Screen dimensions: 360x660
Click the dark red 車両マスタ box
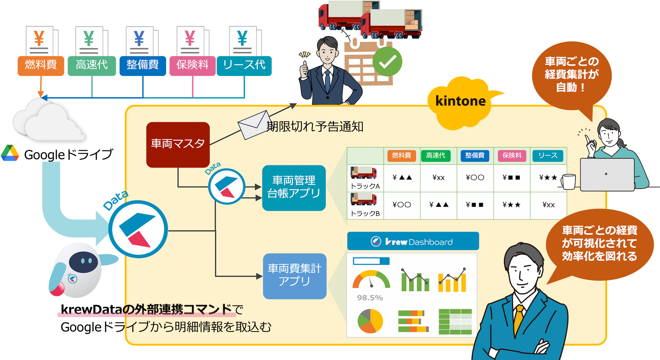pyautogui.click(x=178, y=144)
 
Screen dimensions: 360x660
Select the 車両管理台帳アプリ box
pyautogui.click(x=294, y=188)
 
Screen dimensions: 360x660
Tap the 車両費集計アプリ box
pyautogui.click(x=295, y=276)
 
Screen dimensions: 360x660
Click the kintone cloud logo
pyautogui.click(x=460, y=102)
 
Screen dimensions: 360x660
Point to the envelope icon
pyautogui.click(x=254, y=125)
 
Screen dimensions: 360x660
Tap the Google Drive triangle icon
pyautogui.click(x=10, y=153)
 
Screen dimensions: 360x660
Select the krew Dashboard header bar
pyautogui.click(x=413, y=241)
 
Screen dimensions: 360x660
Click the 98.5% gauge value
pyautogui.click(x=370, y=298)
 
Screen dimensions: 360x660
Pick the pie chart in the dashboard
pyautogui.click(x=370, y=321)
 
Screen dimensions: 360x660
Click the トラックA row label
pyautogui.click(x=365, y=186)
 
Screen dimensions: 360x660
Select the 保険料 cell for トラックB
pyautogui.click(x=511, y=205)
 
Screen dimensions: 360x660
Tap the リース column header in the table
pyautogui.click(x=548, y=156)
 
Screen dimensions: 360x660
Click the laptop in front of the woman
pyautogui.click(x=607, y=175)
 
